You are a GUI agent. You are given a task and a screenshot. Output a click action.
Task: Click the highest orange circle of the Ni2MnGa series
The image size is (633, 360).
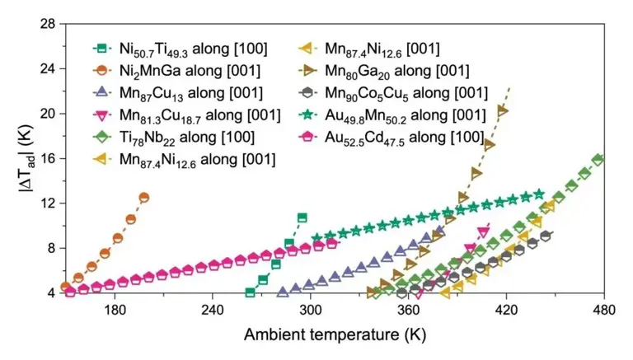coord(143,198)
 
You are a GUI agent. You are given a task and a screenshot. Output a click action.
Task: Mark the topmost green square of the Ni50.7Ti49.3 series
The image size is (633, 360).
coord(302,217)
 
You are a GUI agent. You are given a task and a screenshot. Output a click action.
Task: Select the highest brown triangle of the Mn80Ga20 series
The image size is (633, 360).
coord(502,110)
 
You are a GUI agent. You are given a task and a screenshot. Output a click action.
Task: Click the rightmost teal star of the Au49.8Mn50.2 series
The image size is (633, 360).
coord(539,194)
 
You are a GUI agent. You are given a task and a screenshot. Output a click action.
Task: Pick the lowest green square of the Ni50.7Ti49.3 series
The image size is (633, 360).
coord(251,292)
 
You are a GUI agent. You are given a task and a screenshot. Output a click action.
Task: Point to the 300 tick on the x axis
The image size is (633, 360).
coord(311,292)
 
